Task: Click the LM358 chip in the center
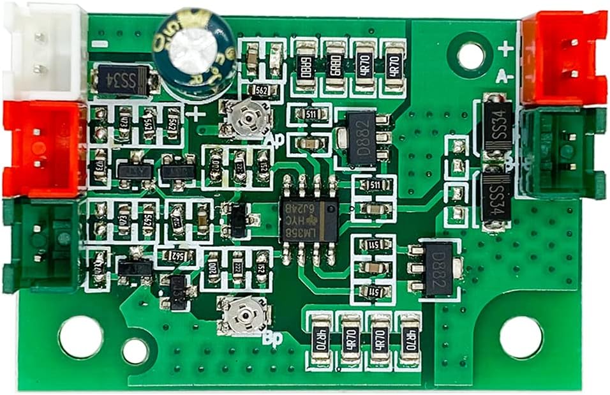point(309,220)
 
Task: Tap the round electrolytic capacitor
point(194,51)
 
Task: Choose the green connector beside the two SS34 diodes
point(562,153)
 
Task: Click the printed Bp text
point(273,338)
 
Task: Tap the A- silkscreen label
point(505,77)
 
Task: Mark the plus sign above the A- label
point(505,48)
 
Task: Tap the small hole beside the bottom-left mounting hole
point(135,350)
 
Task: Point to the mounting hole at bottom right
point(521,337)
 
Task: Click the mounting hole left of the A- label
point(470,56)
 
